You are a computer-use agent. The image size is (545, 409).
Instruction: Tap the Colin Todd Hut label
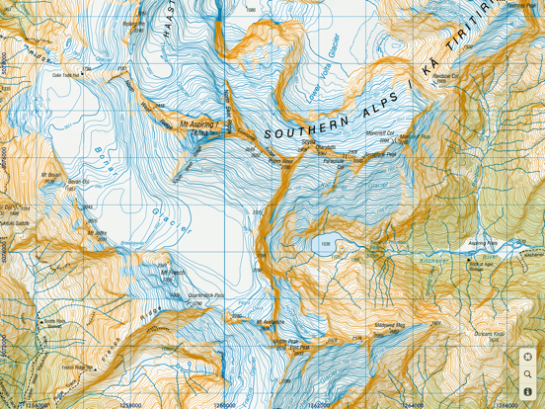(65, 74)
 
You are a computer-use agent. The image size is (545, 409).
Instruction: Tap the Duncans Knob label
(487, 334)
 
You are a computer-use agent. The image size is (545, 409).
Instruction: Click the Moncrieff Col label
(382, 132)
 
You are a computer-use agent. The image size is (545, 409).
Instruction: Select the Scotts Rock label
(53, 321)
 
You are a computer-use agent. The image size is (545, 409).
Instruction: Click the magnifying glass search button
(528, 374)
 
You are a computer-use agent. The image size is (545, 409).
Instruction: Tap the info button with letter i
(528, 392)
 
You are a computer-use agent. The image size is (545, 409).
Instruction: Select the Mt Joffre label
(97, 232)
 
